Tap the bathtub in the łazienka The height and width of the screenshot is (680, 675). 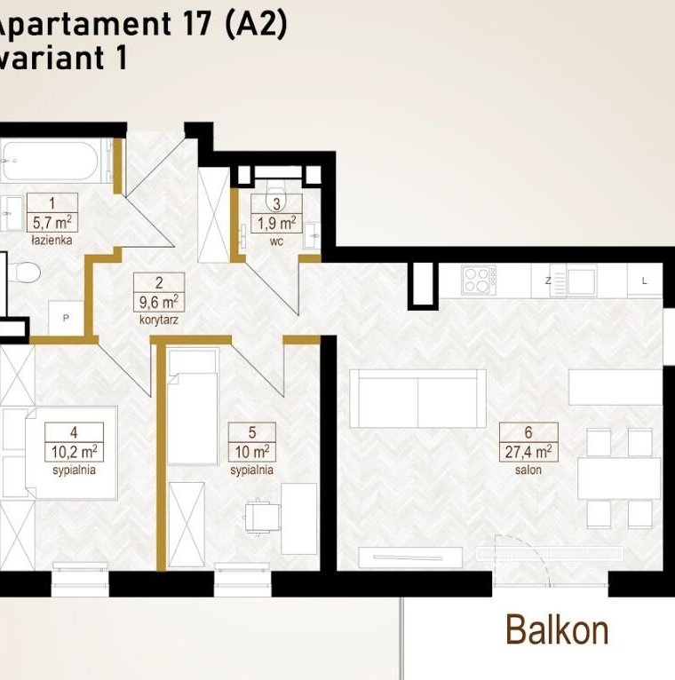coord(53,161)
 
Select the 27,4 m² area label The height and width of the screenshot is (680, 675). coord(528,452)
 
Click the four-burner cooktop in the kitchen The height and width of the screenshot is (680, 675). coord(479,281)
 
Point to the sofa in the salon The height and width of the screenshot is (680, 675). coord(417,399)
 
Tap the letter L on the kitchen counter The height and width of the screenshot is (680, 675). coord(644,281)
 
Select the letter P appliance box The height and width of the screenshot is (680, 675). coord(66,318)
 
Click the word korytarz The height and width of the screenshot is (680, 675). coord(159,320)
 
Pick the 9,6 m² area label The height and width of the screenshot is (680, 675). coord(159,302)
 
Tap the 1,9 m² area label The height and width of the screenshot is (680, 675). coord(277,223)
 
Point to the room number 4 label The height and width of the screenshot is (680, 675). coord(75,432)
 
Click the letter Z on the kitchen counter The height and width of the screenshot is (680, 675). coord(548,281)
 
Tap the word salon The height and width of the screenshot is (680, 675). coord(528,470)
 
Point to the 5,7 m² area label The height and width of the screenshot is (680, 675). coord(52,223)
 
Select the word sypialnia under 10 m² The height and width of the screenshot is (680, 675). coord(251,470)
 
